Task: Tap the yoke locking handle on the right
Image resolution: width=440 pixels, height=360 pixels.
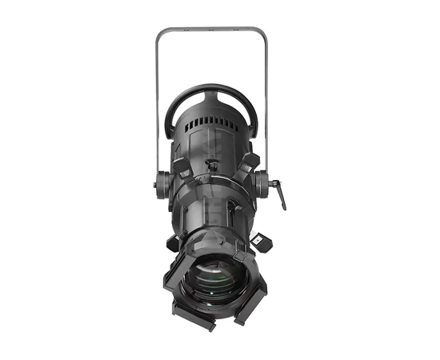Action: click(x=279, y=195)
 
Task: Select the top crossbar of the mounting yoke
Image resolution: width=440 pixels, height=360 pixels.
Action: click(x=211, y=30)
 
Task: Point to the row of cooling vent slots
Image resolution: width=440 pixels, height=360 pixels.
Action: click(x=211, y=122)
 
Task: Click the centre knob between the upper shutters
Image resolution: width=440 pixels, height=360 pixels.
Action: click(x=212, y=166)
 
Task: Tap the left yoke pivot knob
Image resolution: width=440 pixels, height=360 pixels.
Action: click(x=158, y=186)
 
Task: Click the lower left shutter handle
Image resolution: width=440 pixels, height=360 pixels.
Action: click(x=173, y=242)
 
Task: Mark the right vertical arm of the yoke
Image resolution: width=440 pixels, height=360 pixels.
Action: click(x=265, y=104)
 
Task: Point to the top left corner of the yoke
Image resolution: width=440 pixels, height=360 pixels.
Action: click(x=159, y=34)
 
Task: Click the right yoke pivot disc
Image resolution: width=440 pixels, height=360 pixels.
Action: click(x=262, y=186)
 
